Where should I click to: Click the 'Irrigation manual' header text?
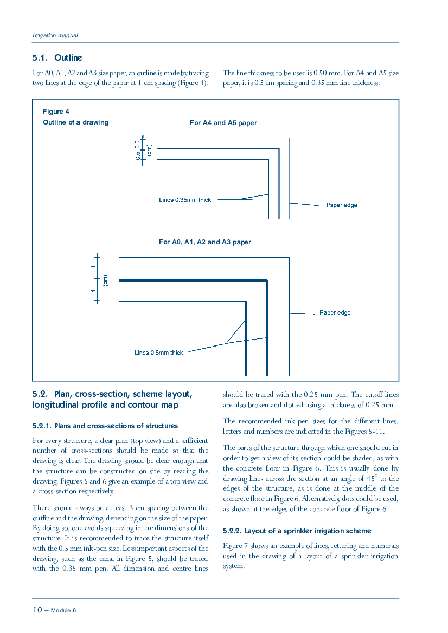[55, 36]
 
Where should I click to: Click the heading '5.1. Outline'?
[57, 58]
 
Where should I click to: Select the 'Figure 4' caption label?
[56, 112]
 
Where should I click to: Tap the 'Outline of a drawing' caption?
[75, 122]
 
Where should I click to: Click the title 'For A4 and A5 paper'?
[223, 123]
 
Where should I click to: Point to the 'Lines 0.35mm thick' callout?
[185, 200]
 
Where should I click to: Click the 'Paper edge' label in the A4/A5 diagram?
[342, 205]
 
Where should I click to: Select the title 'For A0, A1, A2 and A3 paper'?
[205, 242]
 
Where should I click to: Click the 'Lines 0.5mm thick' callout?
[159, 353]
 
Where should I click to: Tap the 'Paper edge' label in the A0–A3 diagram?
[335, 312]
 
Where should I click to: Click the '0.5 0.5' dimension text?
[138, 150]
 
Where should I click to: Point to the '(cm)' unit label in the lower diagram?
[106, 280]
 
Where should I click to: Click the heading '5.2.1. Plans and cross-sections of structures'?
[105, 426]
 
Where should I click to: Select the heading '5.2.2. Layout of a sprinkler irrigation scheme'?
[297, 531]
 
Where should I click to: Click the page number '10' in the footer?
[37, 610]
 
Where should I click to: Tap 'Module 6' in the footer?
[63, 610]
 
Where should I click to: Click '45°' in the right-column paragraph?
[372, 478]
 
